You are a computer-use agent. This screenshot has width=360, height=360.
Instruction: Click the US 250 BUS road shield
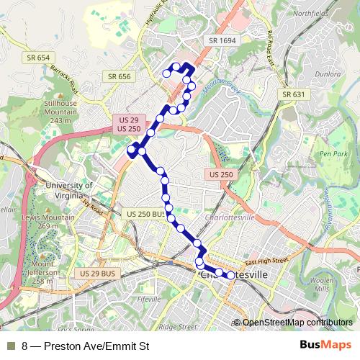[x=147, y=215]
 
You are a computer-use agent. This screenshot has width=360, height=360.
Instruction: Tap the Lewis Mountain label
[x=38, y=221]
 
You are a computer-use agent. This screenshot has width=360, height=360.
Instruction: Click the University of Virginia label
[x=69, y=190]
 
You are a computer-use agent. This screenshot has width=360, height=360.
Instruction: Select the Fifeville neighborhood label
[x=148, y=298]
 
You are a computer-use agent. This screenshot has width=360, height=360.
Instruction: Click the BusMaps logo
[x=325, y=346]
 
